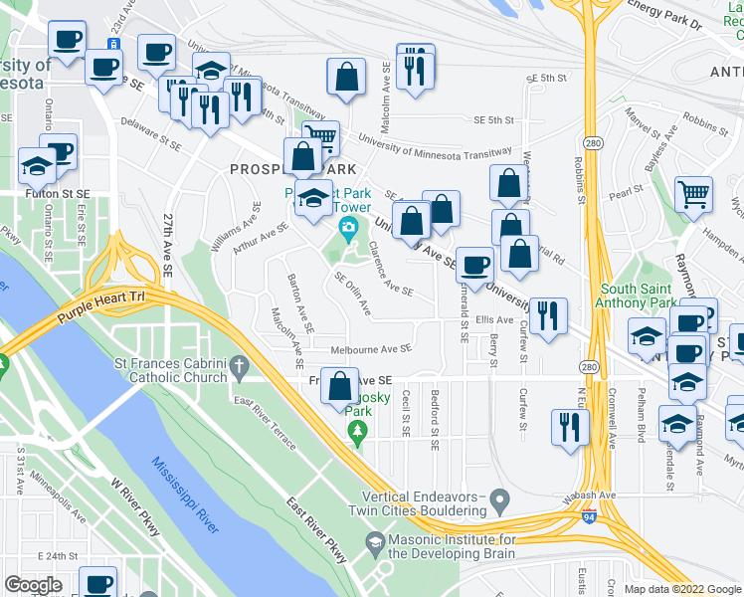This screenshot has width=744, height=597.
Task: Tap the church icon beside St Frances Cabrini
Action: (x=238, y=369)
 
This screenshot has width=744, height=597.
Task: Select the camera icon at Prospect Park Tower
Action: (x=348, y=231)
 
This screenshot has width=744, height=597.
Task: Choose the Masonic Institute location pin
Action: (x=374, y=543)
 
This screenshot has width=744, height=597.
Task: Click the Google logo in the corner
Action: (x=33, y=586)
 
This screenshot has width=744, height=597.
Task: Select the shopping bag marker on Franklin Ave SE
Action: (x=340, y=385)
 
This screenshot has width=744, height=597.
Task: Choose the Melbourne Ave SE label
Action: (x=370, y=349)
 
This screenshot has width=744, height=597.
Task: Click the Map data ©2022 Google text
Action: (x=682, y=589)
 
